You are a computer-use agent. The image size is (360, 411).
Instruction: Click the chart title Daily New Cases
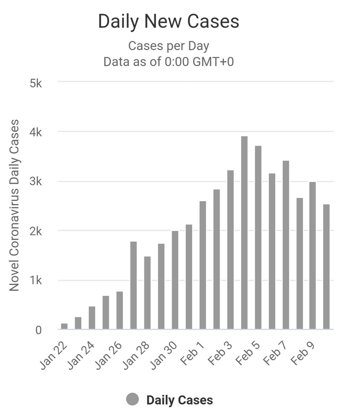(168, 22)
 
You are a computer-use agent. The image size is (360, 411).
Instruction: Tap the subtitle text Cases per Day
(168, 46)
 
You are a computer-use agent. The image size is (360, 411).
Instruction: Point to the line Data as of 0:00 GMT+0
(168, 62)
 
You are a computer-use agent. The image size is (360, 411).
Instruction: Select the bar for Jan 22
(64, 326)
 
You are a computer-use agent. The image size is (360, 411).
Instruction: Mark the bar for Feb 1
(203, 265)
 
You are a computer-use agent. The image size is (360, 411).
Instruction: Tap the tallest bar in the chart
(244, 233)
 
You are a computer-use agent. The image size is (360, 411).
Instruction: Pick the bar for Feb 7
(286, 245)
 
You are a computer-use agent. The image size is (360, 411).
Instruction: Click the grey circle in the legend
(132, 399)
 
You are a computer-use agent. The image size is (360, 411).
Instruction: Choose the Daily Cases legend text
(180, 400)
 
